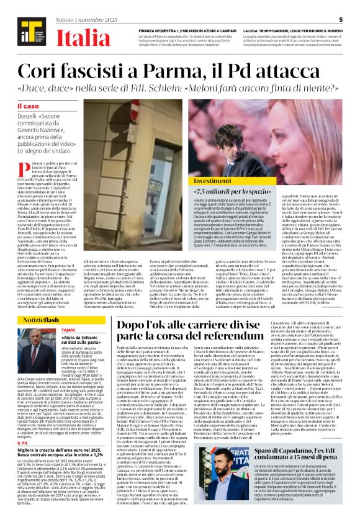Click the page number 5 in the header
(x=341, y=19)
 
